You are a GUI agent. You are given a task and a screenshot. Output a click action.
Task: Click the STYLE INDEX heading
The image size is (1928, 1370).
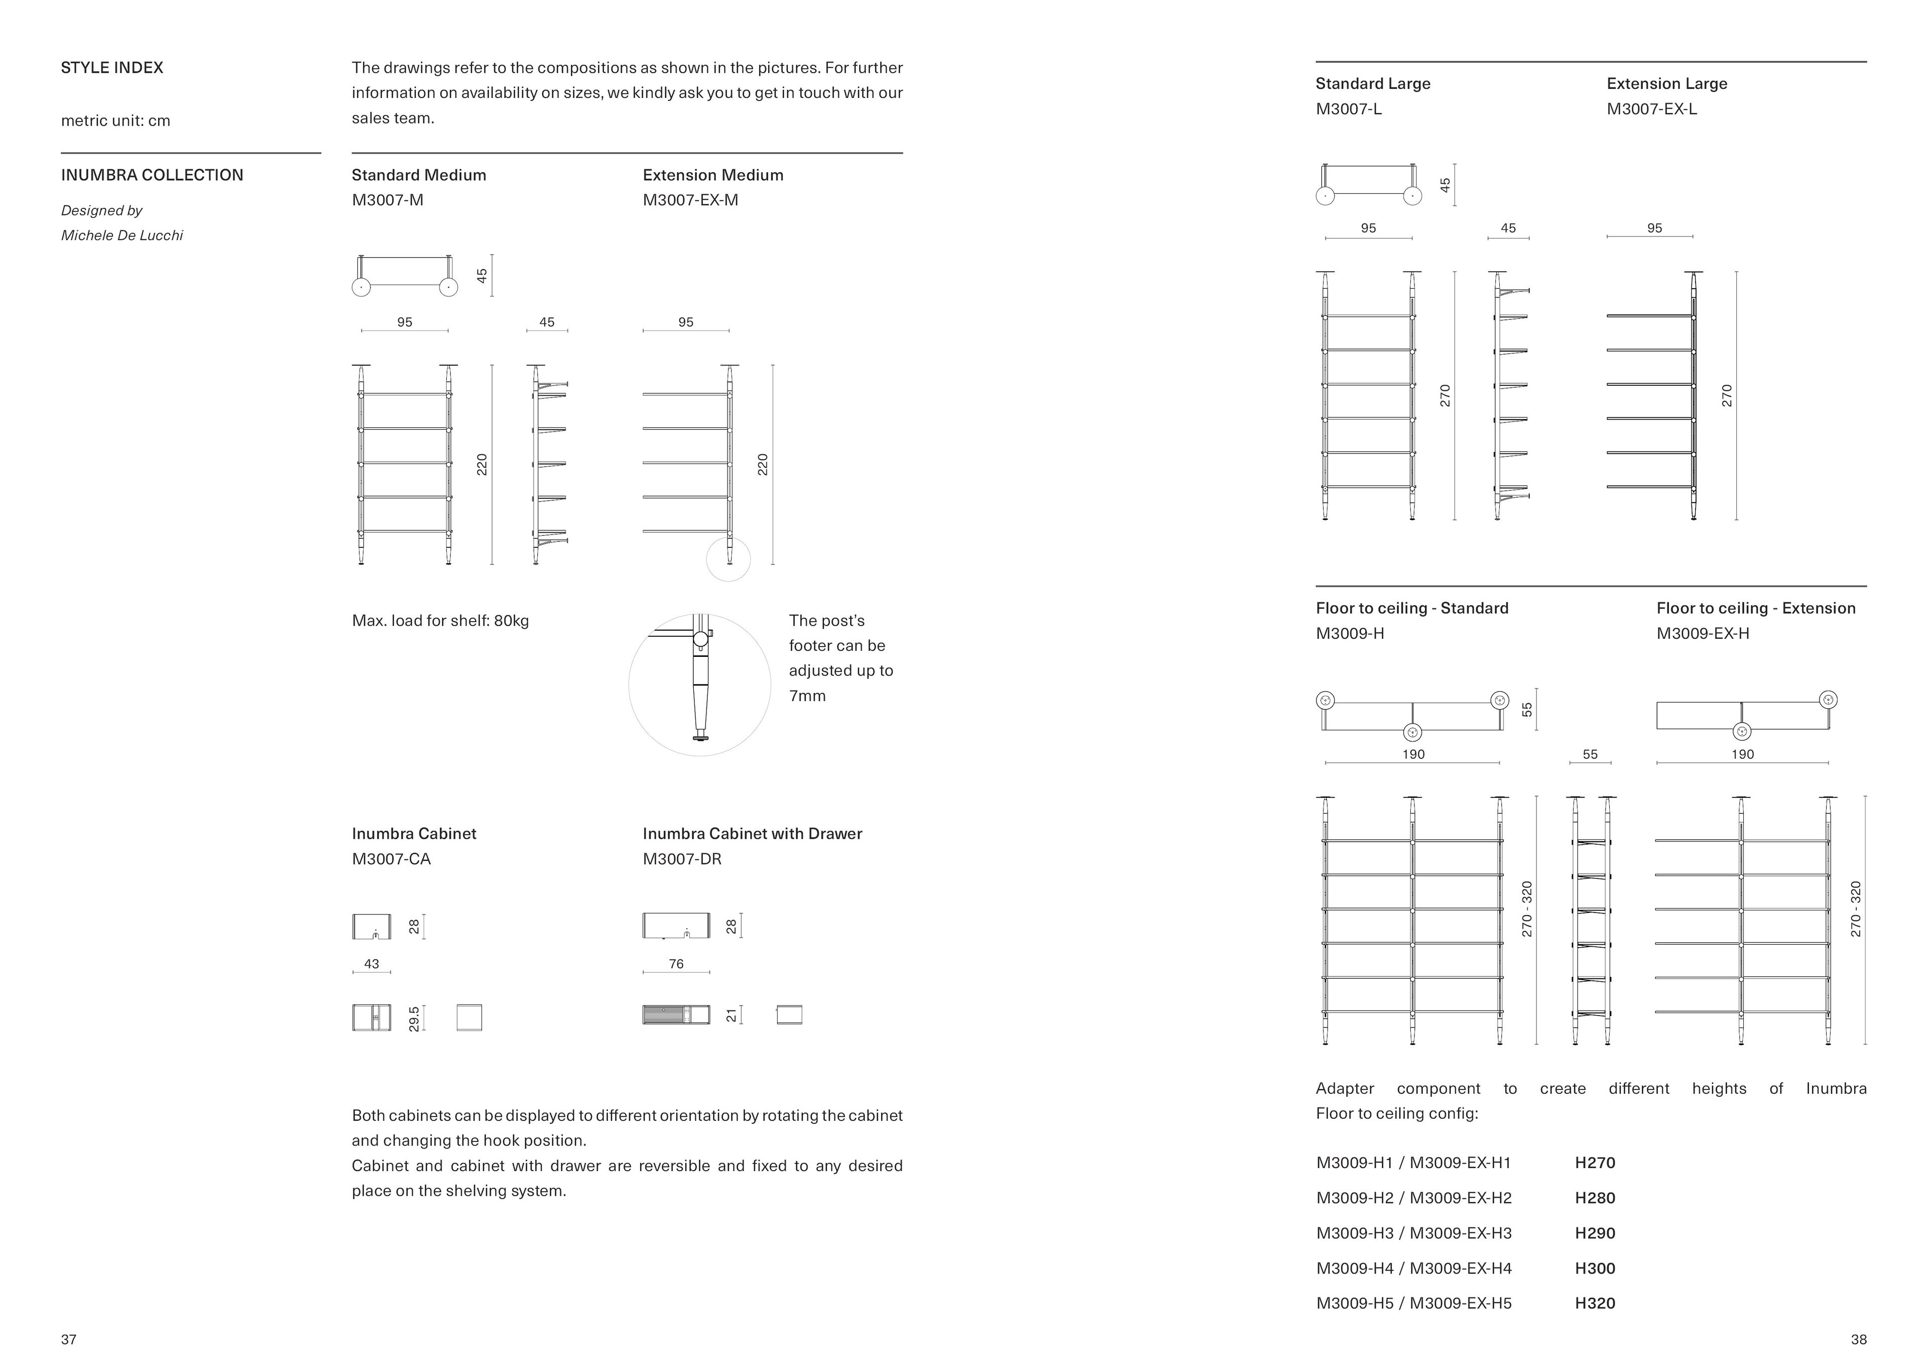(111, 67)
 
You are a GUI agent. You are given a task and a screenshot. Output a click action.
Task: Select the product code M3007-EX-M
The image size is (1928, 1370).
(690, 200)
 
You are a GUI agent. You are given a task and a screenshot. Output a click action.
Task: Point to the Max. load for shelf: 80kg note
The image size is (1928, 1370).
(440, 621)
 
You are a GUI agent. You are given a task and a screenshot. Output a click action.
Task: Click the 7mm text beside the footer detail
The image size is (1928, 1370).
(807, 696)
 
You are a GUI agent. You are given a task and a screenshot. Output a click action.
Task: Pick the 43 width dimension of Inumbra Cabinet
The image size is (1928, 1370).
(371, 963)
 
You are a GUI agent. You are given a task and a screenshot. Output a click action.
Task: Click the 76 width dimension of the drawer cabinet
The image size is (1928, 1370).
(676, 963)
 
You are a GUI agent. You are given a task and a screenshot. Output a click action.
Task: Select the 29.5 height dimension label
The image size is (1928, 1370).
(413, 1018)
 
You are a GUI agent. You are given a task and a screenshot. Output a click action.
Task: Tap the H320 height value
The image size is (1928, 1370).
(1595, 1303)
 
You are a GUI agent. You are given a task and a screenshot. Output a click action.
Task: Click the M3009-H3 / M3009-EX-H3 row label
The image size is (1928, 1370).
(1413, 1233)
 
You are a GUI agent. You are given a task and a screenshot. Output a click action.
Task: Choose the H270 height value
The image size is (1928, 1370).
(1595, 1163)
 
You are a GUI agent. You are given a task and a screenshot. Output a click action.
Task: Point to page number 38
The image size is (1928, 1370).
(1858, 1340)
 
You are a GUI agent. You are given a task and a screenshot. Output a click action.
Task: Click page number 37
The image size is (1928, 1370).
(68, 1340)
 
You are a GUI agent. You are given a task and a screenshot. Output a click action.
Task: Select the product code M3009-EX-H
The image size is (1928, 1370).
(1702, 634)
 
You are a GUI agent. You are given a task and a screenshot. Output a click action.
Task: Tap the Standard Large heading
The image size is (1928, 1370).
(1372, 83)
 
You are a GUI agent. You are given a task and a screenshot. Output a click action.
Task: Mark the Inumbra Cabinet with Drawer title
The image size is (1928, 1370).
(752, 834)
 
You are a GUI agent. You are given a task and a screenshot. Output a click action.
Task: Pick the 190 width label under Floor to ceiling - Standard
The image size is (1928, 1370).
(1413, 754)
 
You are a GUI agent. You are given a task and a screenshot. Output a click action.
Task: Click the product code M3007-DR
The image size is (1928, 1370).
(681, 859)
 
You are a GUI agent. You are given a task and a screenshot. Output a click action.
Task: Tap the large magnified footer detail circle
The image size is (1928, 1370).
(699, 685)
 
